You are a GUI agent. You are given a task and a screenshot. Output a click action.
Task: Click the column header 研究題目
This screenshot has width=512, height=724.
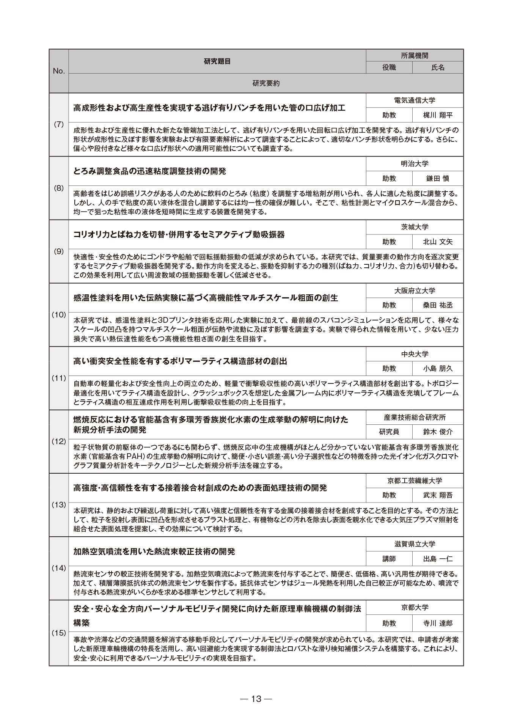(x=217, y=61)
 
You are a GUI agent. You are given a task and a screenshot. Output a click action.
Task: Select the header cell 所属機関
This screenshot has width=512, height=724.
(x=415, y=56)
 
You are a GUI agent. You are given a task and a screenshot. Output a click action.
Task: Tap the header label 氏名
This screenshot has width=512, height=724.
(x=438, y=68)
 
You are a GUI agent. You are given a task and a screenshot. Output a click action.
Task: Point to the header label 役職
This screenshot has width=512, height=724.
(x=389, y=68)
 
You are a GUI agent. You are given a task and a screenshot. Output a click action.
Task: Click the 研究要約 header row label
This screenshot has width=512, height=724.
(x=266, y=83)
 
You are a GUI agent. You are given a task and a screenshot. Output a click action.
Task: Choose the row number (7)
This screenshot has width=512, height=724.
(x=59, y=125)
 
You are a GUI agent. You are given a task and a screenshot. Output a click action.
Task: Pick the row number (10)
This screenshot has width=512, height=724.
(x=59, y=315)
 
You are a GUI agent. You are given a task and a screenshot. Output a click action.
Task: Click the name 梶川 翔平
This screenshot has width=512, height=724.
(x=438, y=115)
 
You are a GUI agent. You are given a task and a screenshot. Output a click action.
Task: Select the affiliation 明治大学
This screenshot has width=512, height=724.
(x=415, y=164)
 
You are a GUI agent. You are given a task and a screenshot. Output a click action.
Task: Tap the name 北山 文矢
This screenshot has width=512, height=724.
(x=438, y=242)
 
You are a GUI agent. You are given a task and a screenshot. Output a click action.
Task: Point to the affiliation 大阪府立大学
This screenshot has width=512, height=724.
(x=415, y=291)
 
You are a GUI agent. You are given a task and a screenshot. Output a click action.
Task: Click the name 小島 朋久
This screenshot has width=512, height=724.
(x=438, y=369)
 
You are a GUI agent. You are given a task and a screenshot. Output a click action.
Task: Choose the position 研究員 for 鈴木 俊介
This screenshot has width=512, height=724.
(x=389, y=432)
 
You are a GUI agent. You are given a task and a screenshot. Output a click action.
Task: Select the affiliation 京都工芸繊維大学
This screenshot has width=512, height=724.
(x=415, y=481)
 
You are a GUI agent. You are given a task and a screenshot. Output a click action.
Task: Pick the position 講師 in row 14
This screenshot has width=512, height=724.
(x=389, y=559)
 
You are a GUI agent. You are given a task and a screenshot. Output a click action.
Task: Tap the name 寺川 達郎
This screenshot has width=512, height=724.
(x=438, y=623)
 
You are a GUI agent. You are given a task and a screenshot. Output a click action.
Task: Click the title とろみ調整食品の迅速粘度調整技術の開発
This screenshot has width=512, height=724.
(x=149, y=171)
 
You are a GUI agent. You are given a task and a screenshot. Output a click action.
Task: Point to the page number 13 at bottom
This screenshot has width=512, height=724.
(x=256, y=699)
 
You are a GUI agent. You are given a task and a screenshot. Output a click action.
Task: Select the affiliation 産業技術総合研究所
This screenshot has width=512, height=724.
(x=415, y=418)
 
